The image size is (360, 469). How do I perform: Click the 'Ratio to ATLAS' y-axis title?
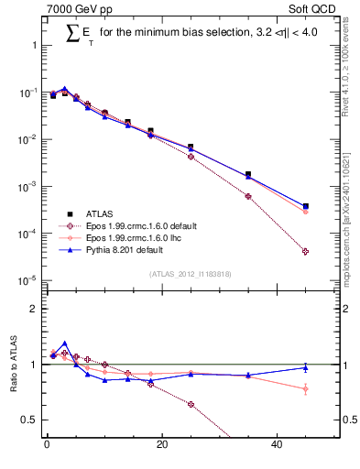click(12, 365)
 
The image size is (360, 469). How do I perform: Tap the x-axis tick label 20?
click(162, 446)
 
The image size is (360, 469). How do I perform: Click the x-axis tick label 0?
click(47, 446)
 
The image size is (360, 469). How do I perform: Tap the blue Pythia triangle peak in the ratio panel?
click(64, 344)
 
